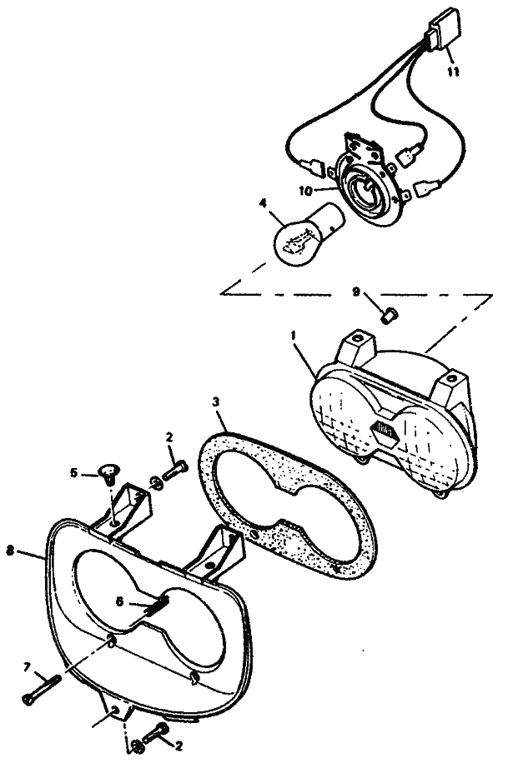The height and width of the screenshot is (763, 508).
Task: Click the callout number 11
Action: pyautogui.click(x=453, y=72)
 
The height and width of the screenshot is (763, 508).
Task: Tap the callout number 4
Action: pyautogui.click(x=263, y=203)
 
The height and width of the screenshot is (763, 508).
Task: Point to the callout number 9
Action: pyautogui.click(x=356, y=292)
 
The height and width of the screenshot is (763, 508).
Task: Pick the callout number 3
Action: pyautogui.click(x=215, y=402)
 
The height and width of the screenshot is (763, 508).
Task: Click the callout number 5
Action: pyautogui.click(x=74, y=472)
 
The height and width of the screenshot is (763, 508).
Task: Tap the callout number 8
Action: pyautogui.click(x=10, y=551)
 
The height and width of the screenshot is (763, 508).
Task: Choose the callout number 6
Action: pyautogui.click(x=118, y=601)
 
